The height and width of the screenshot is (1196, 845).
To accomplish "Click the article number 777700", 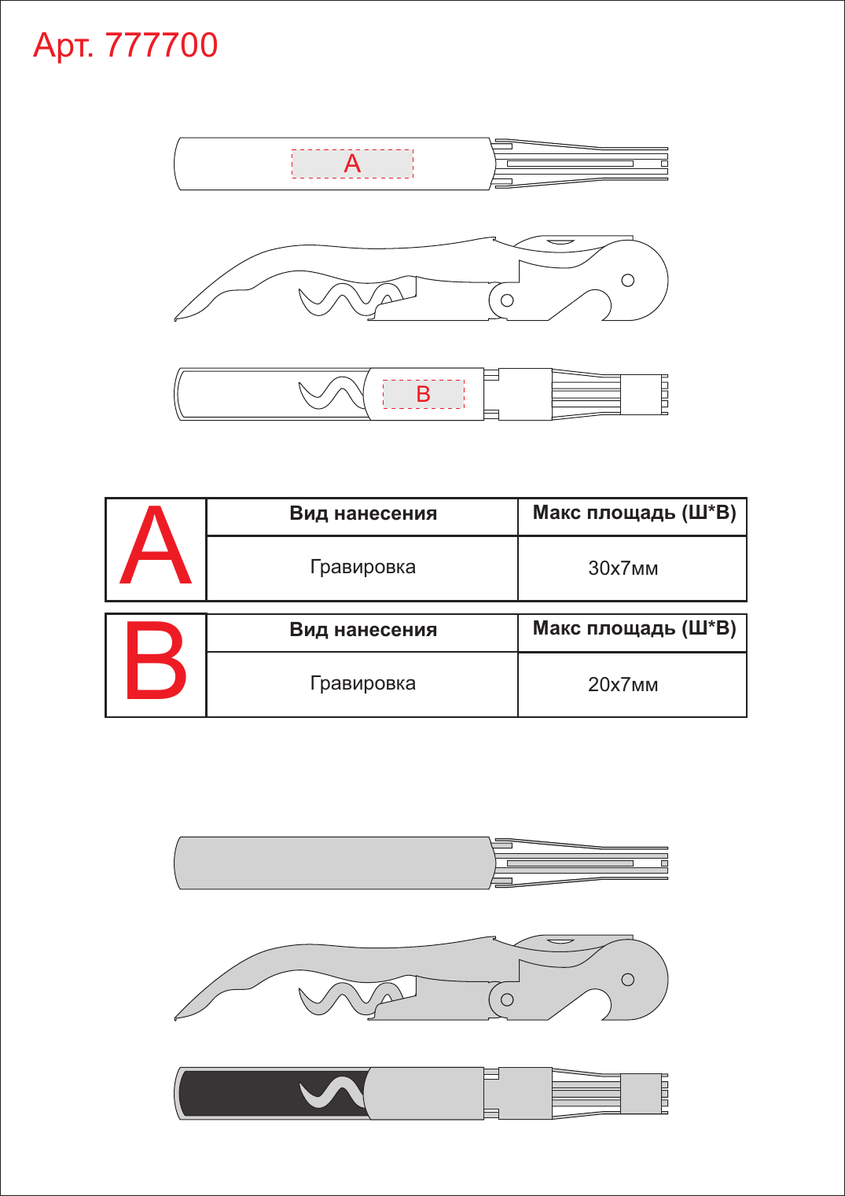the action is click(161, 45).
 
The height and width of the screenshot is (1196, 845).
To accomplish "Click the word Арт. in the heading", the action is click(64, 46).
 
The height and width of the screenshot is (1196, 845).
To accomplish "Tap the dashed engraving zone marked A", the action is click(352, 164).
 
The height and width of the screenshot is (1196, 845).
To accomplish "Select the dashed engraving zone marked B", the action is click(424, 394).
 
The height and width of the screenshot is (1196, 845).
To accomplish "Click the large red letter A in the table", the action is click(156, 546).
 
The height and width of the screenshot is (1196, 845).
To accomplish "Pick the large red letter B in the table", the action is click(156, 660).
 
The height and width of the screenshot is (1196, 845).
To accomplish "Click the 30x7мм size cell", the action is click(623, 568).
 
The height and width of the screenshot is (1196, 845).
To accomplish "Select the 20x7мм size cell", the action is click(623, 685).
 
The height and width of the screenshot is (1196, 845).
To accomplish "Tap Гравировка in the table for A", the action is click(363, 566).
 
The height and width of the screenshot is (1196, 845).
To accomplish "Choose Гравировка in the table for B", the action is click(363, 683).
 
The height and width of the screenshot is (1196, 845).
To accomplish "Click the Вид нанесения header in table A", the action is click(363, 513).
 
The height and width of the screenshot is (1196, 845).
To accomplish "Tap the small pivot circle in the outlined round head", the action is click(628, 280).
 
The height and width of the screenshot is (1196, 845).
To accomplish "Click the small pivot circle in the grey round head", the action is click(628, 979).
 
